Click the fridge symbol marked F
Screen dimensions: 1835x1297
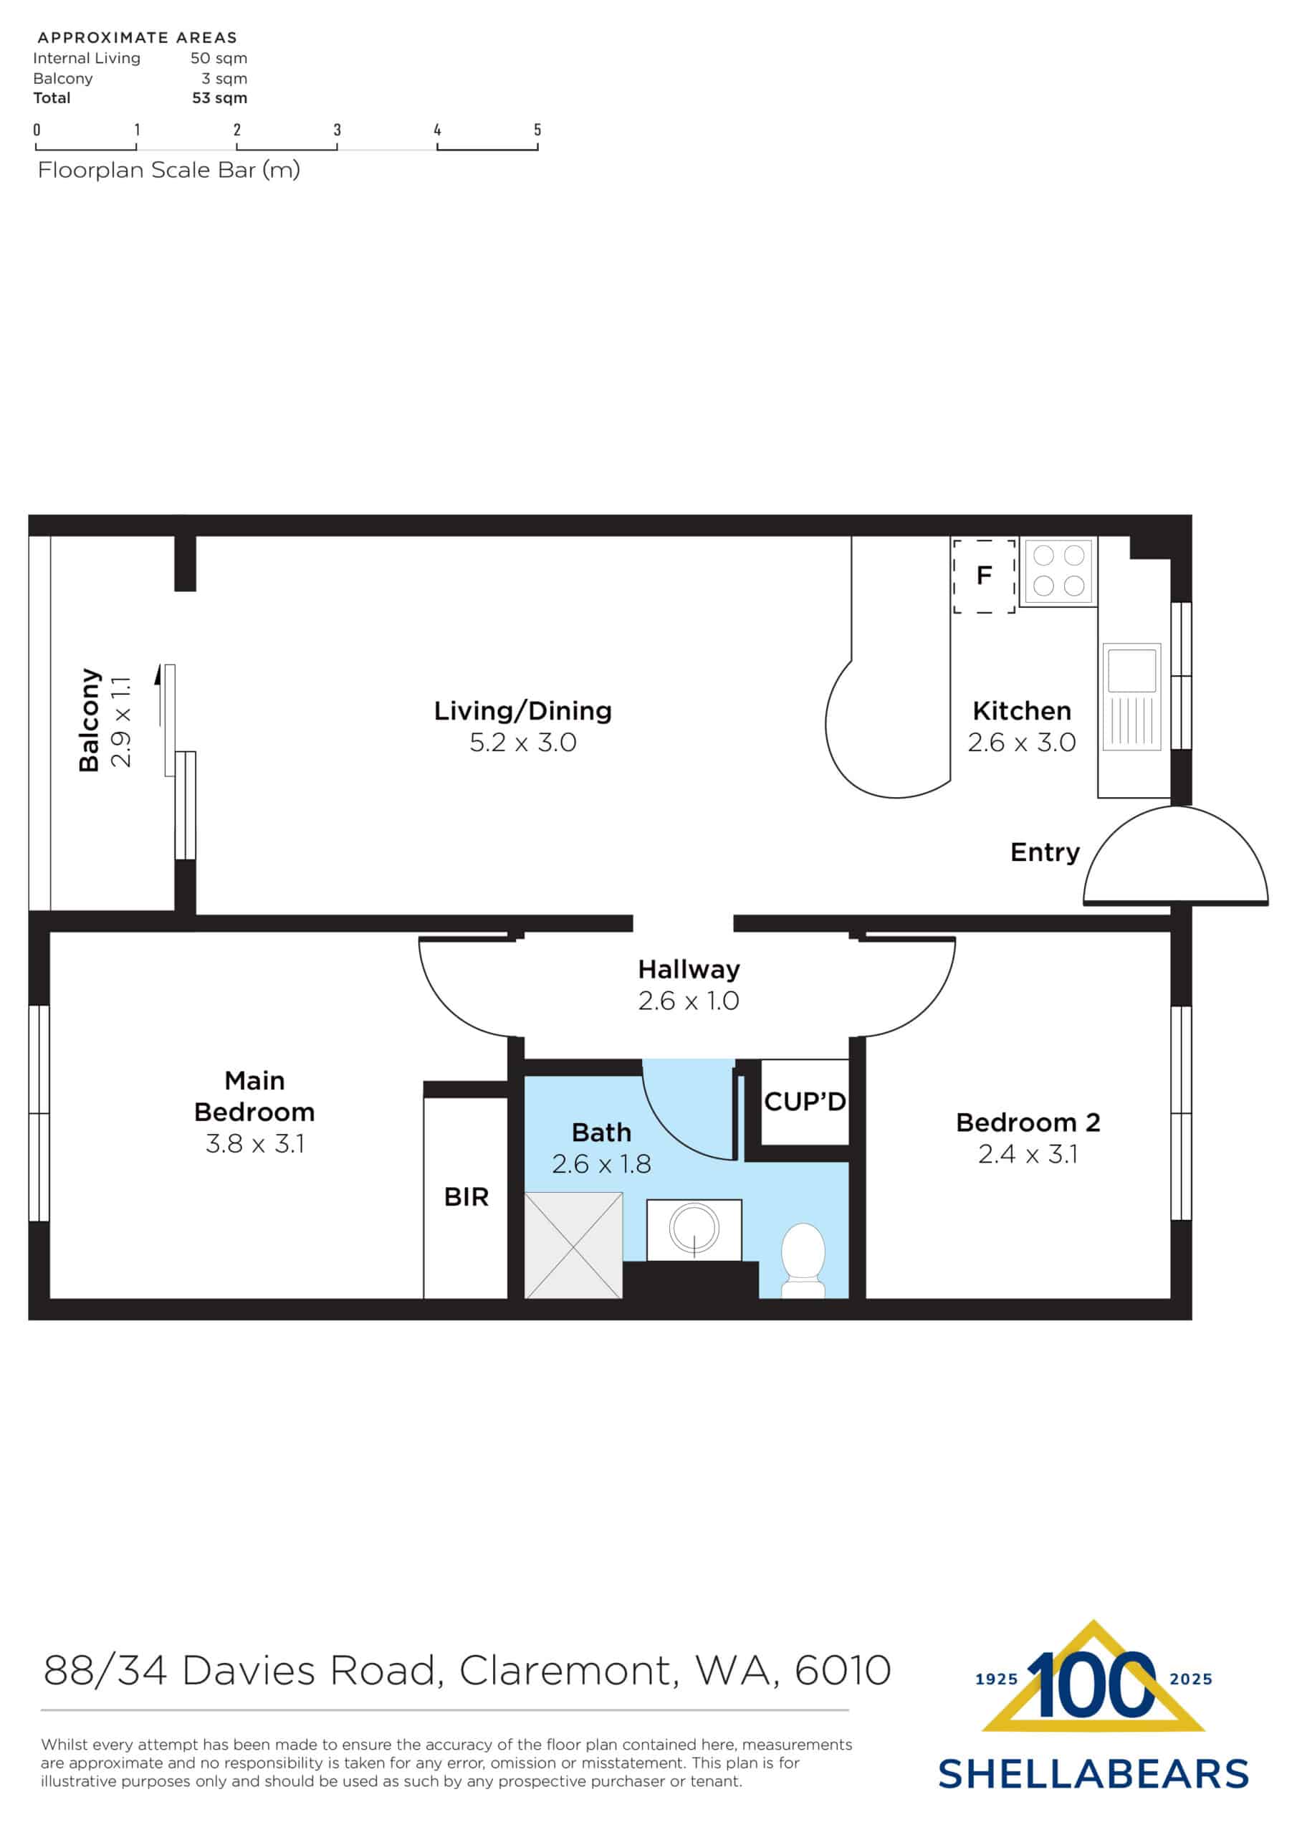coord(984,576)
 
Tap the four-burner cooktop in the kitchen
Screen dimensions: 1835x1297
coord(1058,571)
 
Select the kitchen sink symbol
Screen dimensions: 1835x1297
coord(1131,697)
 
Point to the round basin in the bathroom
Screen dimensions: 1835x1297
coord(694,1226)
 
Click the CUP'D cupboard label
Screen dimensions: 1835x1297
coord(805,1102)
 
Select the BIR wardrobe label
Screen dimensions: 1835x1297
coord(466,1197)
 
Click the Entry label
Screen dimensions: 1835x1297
coord(1045,852)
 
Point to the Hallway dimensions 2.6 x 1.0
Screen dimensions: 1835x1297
coord(688,1001)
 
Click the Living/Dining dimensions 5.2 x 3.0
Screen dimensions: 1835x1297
coord(522,743)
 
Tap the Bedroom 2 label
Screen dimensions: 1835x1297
coord(1028,1123)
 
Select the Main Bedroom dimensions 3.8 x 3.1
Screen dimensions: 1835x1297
coord(255,1144)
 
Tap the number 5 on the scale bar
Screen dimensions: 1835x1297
coord(537,130)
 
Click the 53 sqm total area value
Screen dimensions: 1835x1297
coord(219,98)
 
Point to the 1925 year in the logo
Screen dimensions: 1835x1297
coord(997,1679)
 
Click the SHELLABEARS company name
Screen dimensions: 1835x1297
coord(1093,1774)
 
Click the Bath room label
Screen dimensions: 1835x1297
coord(601,1133)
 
